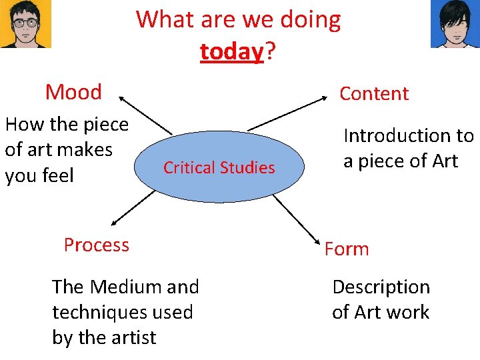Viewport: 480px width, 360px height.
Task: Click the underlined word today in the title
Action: point(232,51)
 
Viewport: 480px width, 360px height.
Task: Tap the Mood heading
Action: point(73,92)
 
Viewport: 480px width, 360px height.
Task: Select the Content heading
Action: point(373,93)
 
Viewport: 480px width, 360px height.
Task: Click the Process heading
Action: point(97,245)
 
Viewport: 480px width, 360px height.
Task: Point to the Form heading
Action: point(347,249)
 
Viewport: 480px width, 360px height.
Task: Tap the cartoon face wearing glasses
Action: point(25,24)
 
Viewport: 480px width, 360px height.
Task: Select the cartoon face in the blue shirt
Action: point(455,24)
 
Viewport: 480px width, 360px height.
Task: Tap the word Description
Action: point(381,287)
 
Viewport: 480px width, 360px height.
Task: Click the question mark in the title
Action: point(271,51)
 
